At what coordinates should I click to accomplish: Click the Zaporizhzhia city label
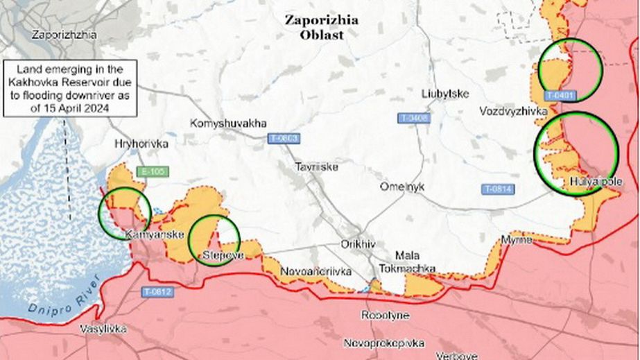point(64,34)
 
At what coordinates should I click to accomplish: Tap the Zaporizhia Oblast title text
point(322,27)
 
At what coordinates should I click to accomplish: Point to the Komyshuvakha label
point(227,123)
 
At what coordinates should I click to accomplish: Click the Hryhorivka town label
point(141,144)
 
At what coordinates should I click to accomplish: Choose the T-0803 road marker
point(283,139)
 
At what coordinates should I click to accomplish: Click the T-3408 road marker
point(414,119)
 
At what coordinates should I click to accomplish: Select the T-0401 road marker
point(561,95)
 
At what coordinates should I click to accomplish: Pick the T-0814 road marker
point(497,189)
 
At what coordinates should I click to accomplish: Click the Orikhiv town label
point(358,244)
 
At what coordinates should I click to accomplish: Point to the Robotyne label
point(385,316)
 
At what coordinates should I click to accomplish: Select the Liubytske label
point(445,94)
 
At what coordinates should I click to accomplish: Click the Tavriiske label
point(316,167)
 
